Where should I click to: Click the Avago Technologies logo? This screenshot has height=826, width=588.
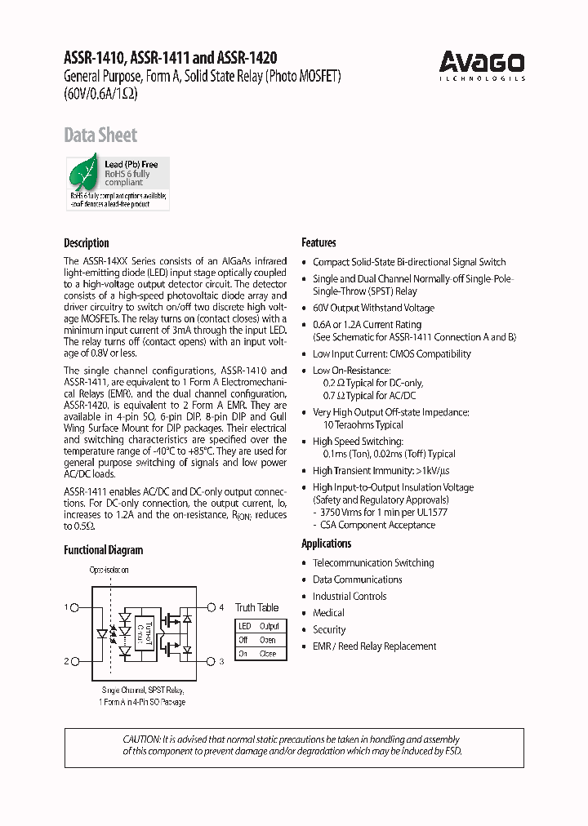coord(482,64)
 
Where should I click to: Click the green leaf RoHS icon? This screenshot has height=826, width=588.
coord(83,174)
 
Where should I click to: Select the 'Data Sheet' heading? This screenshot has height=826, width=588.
coord(100,135)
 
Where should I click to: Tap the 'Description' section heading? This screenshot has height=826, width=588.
coord(86,242)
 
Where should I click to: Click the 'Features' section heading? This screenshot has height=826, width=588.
coord(318,242)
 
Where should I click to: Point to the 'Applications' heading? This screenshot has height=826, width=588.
coord(326,544)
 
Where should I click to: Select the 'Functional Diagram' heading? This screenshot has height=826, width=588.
coord(103,550)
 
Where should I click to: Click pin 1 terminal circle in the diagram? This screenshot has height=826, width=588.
coord(75,607)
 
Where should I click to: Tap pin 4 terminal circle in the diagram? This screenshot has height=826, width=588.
coord(211,607)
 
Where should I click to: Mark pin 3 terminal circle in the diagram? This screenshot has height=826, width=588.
coord(211,661)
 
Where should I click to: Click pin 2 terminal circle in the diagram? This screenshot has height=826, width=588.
coord(75,661)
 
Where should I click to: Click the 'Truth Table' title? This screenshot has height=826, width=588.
coord(256,607)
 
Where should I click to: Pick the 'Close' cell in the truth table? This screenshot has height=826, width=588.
coord(268,654)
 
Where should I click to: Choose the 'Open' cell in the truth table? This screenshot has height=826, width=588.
coord(268,640)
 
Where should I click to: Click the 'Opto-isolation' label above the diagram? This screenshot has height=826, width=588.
coord(109,571)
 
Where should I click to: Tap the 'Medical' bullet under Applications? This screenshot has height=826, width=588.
coord(328,613)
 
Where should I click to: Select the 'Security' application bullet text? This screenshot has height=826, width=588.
coord(329,629)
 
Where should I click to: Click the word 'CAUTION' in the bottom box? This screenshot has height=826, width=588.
coord(141,738)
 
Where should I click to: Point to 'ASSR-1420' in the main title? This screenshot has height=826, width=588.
coord(247,58)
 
